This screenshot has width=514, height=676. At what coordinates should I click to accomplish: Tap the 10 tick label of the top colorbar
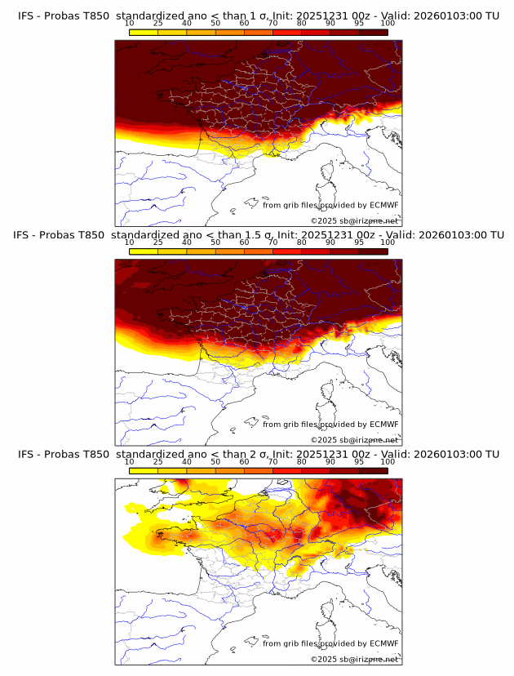pos(130,24)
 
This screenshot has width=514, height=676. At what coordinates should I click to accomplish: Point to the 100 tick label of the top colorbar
pos(388,24)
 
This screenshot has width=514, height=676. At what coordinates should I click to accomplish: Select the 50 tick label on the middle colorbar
pos(215,242)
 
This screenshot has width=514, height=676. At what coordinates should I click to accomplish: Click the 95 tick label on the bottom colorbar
pos(359,462)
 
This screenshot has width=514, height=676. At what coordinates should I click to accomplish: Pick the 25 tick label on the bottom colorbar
pos(158,462)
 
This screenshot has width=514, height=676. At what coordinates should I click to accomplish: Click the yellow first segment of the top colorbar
pos(144,32)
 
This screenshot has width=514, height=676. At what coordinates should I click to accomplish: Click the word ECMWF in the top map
pos(383,205)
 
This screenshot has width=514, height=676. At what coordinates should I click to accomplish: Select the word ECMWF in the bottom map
pos(383,643)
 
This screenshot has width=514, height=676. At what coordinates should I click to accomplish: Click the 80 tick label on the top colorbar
pos(302,24)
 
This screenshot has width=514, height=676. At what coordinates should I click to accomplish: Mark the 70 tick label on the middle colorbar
pos(273,242)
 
